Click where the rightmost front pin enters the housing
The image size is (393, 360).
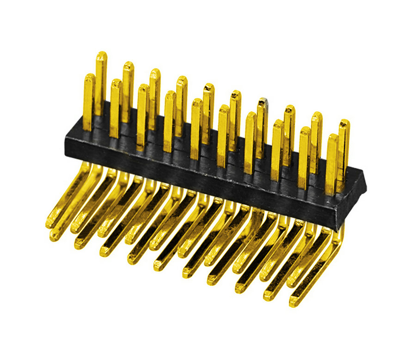coord(331,193)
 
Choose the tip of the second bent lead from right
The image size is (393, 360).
coord(268,296)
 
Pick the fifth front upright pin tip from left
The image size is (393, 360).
coord(196,102)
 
